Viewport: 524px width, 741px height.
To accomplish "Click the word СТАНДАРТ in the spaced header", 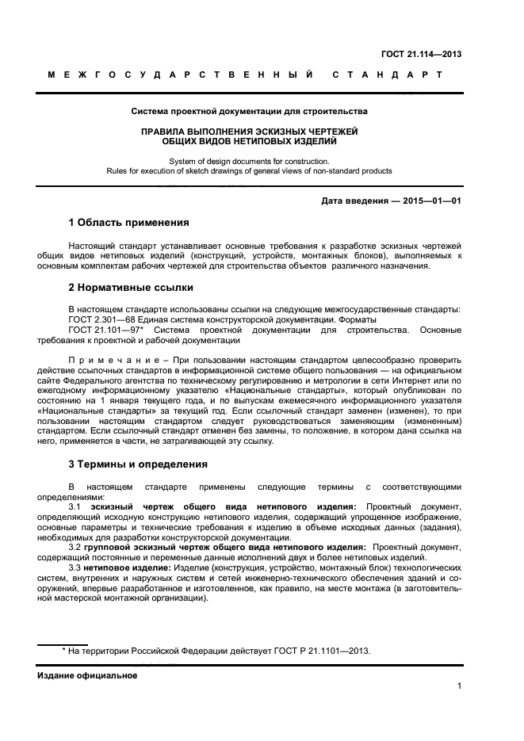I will (x=388, y=74).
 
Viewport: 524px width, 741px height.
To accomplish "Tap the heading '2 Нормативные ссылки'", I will (x=130, y=286).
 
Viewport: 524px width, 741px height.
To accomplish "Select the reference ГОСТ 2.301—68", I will (x=103, y=319).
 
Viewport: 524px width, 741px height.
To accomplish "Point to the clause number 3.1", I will (x=76, y=506).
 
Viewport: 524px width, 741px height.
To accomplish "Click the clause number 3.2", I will (x=76, y=547).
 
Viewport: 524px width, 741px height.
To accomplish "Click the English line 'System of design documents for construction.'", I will (x=249, y=161).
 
